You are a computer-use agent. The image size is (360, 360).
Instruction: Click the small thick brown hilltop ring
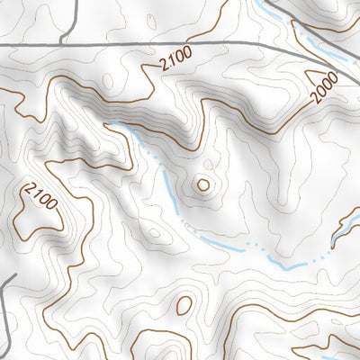click(x=203, y=185)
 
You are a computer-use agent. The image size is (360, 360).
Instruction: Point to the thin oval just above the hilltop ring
click(x=210, y=165)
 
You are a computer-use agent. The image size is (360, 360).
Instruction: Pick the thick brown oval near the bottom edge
click(x=184, y=306)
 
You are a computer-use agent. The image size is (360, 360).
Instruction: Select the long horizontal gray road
click(x=180, y=44)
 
